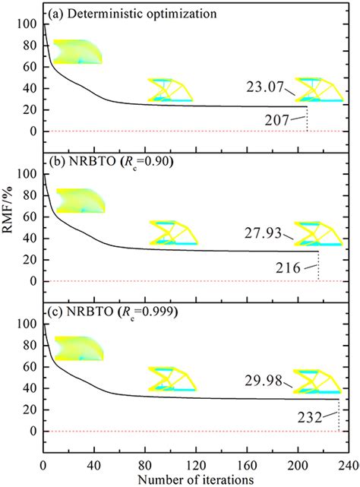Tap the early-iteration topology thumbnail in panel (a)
(x=77, y=51)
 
